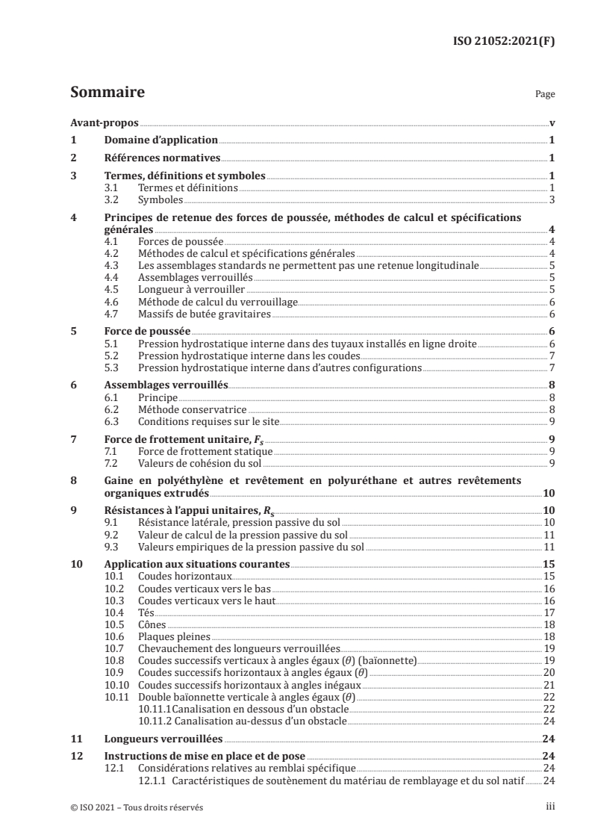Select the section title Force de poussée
coord(147,331)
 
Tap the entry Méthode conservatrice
coord(192,409)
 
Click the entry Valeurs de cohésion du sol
coord(190,463)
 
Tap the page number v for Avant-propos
coord(550,123)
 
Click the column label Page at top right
coord(545,96)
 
